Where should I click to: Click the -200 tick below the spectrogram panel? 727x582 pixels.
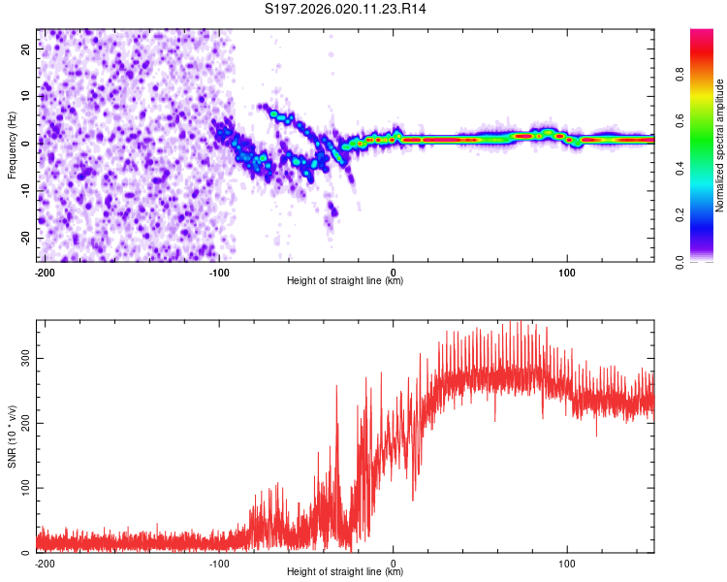click(44, 272)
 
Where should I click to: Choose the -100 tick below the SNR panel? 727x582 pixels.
click(219, 563)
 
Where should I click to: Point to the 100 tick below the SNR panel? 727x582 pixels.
click(567, 563)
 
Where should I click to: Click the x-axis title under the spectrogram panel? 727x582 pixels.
click(345, 281)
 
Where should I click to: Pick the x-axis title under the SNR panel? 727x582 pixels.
click(345, 572)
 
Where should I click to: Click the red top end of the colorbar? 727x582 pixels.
click(702, 35)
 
